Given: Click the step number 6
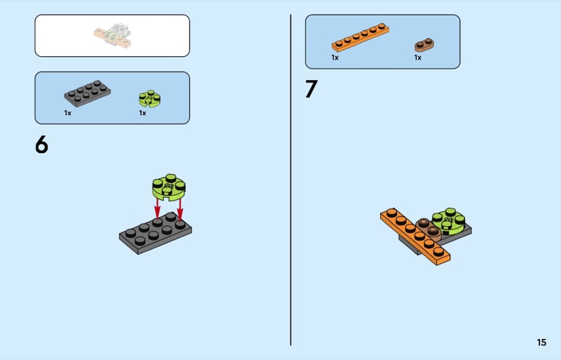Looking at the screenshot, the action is (x=41, y=145).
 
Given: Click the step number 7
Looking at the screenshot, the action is (x=311, y=89).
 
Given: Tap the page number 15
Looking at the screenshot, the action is (x=541, y=342).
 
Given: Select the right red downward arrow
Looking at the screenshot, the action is (x=180, y=208).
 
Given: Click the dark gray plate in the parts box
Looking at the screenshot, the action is (x=87, y=93).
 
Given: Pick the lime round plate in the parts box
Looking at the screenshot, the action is (x=149, y=98).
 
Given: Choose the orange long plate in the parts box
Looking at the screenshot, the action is (x=360, y=38).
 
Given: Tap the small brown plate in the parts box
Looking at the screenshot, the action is (x=424, y=45).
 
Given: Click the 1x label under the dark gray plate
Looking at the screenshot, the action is (x=67, y=113).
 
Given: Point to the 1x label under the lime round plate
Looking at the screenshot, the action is (x=142, y=113).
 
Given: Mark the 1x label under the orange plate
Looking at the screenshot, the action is (x=335, y=58).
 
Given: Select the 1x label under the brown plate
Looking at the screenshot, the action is (x=418, y=58).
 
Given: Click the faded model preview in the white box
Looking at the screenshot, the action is (x=113, y=36).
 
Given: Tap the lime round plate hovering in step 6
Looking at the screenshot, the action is (x=169, y=187).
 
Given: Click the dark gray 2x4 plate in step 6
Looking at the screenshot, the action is (x=155, y=233).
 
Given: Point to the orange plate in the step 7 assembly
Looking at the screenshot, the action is (x=415, y=236).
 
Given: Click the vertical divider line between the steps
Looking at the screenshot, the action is (x=290, y=180).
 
